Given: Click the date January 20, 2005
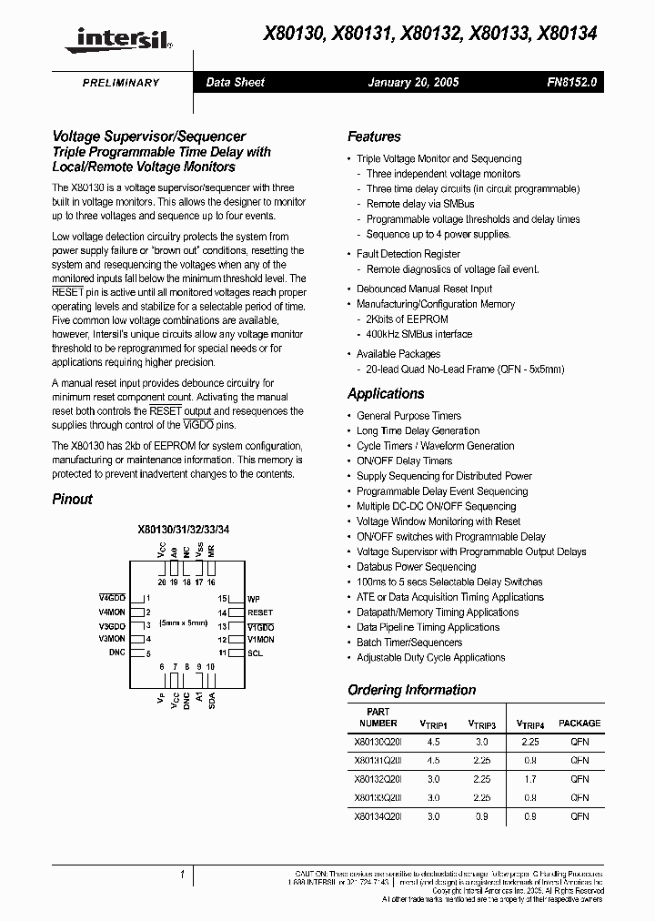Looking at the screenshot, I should click(x=412, y=82).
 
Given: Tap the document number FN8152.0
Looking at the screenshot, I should click(x=571, y=82).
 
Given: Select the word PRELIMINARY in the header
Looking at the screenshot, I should click(x=121, y=83).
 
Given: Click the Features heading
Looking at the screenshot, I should click(x=374, y=137).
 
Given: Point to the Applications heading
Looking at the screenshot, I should click(x=386, y=394).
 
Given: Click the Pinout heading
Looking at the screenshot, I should click(x=72, y=499).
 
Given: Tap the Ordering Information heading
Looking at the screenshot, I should click(x=411, y=690).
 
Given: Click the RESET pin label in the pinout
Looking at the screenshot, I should click(x=260, y=612).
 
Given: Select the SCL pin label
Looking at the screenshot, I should click(x=256, y=653).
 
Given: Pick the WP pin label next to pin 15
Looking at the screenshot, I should click(x=254, y=599).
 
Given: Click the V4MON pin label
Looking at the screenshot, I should click(x=111, y=612).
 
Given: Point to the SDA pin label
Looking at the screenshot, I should click(x=211, y=699).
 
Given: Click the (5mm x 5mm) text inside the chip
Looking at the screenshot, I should click(x=185, y=623).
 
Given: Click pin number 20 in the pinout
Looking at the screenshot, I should click(x=162, y=581).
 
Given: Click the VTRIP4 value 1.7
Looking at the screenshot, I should click(x=530, y=779).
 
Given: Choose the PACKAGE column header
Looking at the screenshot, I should click(x=579, y=723).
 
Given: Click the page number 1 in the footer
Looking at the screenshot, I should click(x=183, y=875).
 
